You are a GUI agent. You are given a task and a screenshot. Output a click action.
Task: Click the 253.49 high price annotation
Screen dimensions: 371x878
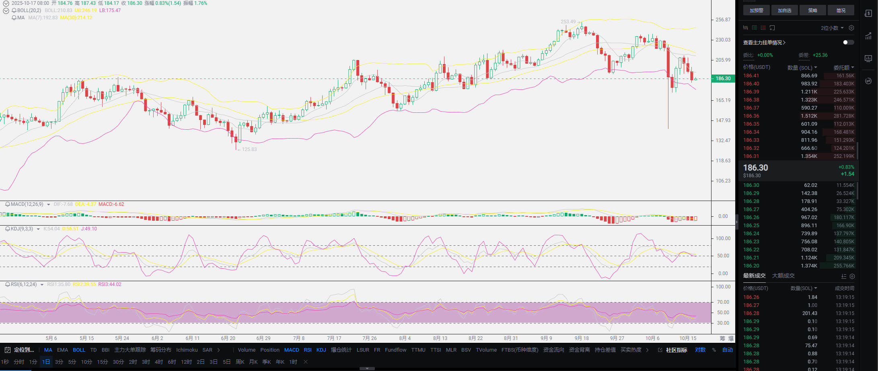(568, 22)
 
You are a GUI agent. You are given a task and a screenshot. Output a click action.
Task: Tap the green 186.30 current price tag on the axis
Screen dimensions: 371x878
(723, 79)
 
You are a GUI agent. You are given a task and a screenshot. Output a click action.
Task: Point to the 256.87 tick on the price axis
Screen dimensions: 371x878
(723, 20)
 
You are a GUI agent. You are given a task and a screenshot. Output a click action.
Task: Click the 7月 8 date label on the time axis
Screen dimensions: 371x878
(298, 338)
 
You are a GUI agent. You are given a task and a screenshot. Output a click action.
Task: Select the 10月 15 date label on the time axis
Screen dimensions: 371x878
(688, 338)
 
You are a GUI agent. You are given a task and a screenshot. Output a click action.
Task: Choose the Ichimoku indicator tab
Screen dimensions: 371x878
(187, 350)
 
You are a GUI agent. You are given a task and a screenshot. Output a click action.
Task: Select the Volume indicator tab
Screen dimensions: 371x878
(247, 350)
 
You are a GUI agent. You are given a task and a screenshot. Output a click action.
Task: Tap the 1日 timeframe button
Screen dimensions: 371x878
(46, 362)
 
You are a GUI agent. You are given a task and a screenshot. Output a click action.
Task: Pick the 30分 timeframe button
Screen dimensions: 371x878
(118, 362)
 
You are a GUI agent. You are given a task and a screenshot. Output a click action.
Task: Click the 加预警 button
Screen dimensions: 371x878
(756, 10)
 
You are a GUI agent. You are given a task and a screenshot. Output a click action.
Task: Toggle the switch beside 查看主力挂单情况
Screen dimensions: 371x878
(848, 42)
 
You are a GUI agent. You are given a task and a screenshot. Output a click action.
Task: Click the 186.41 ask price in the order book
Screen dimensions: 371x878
(751, 76)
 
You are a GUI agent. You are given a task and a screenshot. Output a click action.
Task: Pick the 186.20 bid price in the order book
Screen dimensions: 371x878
(751, 266)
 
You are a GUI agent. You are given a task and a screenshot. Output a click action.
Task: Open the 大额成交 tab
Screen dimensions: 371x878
(783, 276)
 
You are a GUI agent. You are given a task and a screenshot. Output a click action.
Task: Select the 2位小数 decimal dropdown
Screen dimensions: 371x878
(832, 28)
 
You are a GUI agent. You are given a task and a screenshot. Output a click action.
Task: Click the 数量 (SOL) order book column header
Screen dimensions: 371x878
(802, 68)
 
